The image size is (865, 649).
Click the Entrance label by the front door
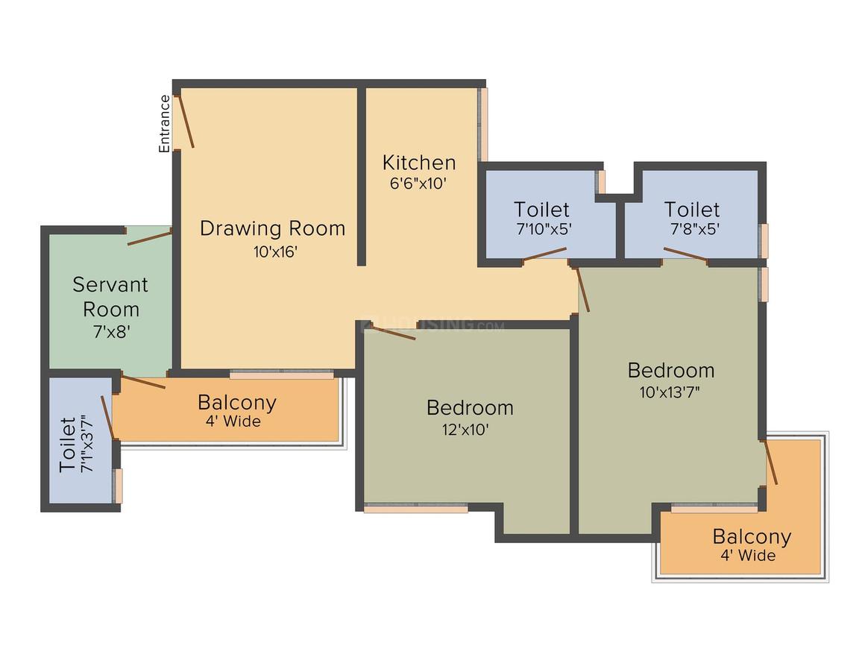click(164, 124)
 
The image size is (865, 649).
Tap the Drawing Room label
click(272, 228)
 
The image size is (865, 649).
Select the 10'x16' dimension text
click(275, 251)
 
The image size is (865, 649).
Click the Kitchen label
click(419, 163)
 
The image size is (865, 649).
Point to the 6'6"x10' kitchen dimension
click(418, 184)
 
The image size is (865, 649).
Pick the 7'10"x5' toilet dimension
click(544, 228)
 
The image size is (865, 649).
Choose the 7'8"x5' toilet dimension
click(695, 228)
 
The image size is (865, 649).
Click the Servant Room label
click(110, 297)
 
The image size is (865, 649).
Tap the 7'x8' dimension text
click(111, 332)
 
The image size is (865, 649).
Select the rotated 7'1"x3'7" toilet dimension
click(87, 444)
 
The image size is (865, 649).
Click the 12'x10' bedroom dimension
click(465, 430)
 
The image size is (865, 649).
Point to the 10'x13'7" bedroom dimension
click(670, 392)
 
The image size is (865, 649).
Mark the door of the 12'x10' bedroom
click(393, 333)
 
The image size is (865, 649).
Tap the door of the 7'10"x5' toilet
click(544, 254)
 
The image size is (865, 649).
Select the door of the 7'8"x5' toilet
click(685, 254)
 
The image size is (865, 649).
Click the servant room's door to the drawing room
click(149, 238)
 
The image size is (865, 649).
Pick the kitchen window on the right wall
click(483, 124)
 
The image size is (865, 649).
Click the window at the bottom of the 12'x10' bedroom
click(416, 508)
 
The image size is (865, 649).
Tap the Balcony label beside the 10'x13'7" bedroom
click(752, 536)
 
